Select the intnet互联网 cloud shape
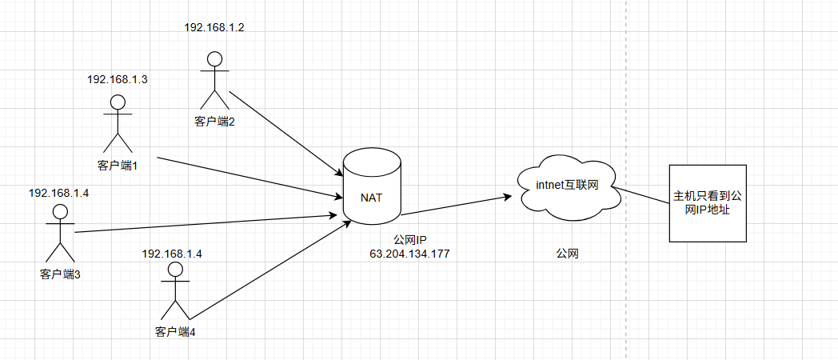pyautogui.click(x=566, y=187)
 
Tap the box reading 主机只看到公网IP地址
pyautogui.click(x=707, y=203)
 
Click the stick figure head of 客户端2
pyautogui.click(x=214, y=59)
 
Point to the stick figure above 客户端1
pyautogui.click(x=118, y=125)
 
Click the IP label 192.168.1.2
pyautogui.click(x=214, y=27)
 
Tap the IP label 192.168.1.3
pyautogui.click(x=117, y=79)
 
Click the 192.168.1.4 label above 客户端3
pyautogui.click(x=59, y=193)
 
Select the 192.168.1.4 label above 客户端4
pyautogui.click(x=172, y=254)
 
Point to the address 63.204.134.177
pyautogui.click(x=409, y=254)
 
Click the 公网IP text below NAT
pyautogui.click(x=409, y=239)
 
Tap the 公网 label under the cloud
pyautogui.click(x=567, y=254)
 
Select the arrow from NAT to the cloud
pyautogui.click(x=456, y=205)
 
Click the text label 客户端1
pyautogui.click(x=118, y=166)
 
